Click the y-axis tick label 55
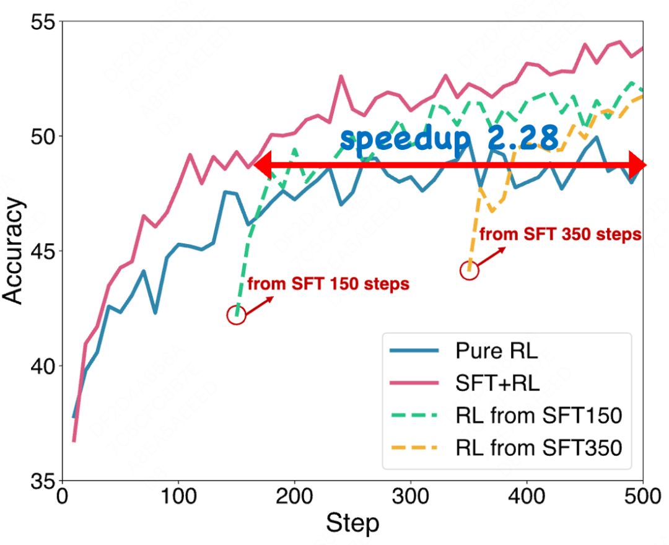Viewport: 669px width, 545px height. pyautogui.click(x=42, y=22)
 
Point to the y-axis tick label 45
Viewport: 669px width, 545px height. pyautogui.click(x=42, y=251)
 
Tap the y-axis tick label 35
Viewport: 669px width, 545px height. pyautogui.click(x=42, y=480)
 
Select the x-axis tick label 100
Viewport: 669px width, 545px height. pyautogui.click(x=178, y=497)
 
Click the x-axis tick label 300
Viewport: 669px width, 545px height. pyautogui.click(x=411, y=497)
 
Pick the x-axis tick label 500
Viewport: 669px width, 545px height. pyautogui.click(x=642, y=497)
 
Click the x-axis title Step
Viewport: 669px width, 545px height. pyautogui.click(x=352, y=524)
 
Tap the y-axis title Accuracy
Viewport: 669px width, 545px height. pyautogui.click(x=14, y=251)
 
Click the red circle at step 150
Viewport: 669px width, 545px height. pyautogui.click(x=236, y=315)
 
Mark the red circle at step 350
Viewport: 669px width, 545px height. pyautogui.click(x=469, y=271)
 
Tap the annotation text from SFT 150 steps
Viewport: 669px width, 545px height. pyautogui.click(x=328, y=284)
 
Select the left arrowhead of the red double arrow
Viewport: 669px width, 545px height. pyautogui.click(x=263, y=165)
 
